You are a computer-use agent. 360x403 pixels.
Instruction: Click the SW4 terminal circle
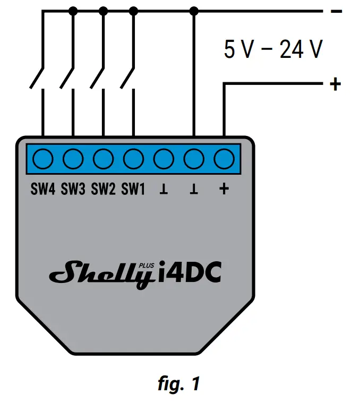43,158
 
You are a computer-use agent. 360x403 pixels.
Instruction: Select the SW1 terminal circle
134,158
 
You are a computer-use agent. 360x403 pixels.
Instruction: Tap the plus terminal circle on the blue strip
224,158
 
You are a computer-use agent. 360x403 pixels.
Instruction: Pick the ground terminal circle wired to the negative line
194,158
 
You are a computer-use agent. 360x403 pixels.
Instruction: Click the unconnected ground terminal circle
164,158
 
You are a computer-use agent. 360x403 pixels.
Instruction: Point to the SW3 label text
73,188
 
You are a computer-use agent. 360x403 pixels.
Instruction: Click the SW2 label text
104,188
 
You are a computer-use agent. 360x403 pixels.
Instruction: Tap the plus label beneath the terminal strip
224,188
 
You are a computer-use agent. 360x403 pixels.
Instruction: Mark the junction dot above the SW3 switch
73,10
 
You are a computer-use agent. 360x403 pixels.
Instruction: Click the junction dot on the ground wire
194,10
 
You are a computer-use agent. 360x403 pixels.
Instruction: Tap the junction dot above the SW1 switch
134,10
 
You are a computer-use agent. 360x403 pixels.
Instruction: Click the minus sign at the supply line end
336,11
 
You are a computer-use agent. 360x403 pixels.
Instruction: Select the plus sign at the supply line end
335,84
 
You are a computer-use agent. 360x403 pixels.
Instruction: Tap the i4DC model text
190,273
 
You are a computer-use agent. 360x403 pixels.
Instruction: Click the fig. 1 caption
179,384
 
